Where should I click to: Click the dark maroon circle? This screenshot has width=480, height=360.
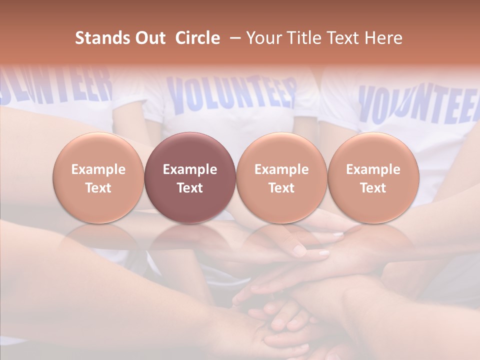[x=190, y=178]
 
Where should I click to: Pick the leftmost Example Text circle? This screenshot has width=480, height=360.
[x=98, y=178]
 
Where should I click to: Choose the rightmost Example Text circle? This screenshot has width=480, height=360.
[x=373, y=178]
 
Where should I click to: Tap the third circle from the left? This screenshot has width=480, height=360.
[x=281, y=178]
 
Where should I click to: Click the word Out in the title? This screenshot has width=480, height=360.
[x=149, y=38]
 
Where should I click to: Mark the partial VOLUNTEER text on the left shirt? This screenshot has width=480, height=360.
[x=55, y=85]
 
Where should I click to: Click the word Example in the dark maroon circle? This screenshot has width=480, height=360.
[x=190, y=169]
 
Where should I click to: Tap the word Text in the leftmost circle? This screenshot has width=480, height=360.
[x=98, y=188]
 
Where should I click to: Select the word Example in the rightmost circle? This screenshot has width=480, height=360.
[x=373, y=169]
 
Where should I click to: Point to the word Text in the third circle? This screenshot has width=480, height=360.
[x=281, y=188]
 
